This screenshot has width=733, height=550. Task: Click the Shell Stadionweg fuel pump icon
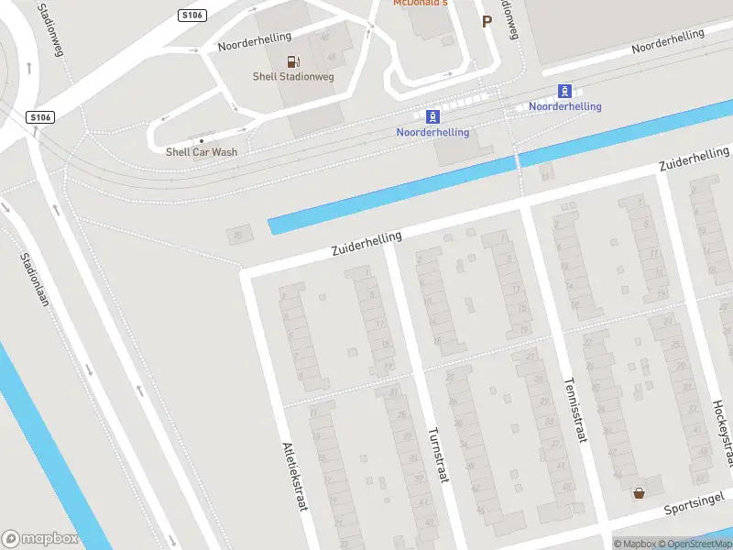pyautogui.click(x=292, y=62)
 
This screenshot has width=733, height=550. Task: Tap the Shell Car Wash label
pyautogui.click(x=202, y=151)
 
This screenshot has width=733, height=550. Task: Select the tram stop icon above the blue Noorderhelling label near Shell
pyautogui.click(x=432, y=116)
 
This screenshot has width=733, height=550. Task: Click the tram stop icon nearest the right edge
pyautogui.click(x=565, y=92)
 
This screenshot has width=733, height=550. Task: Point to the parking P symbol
pyautogui.click(x=487, y=21)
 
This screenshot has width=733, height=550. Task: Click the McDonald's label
pyautogui.click(x=421, y=4)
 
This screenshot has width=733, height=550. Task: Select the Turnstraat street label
pyautogui.click(x=437, y=455)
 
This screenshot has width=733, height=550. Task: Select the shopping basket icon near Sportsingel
pyautogui.click(x=639, y=492)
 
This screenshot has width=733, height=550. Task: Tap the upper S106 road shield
pyautogui.click(x=193, y=15)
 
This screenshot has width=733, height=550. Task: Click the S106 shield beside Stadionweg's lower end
pyautogui.click(x=40, y=117)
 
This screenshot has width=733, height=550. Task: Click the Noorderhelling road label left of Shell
pyautogui.click(x=254, y=41)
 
